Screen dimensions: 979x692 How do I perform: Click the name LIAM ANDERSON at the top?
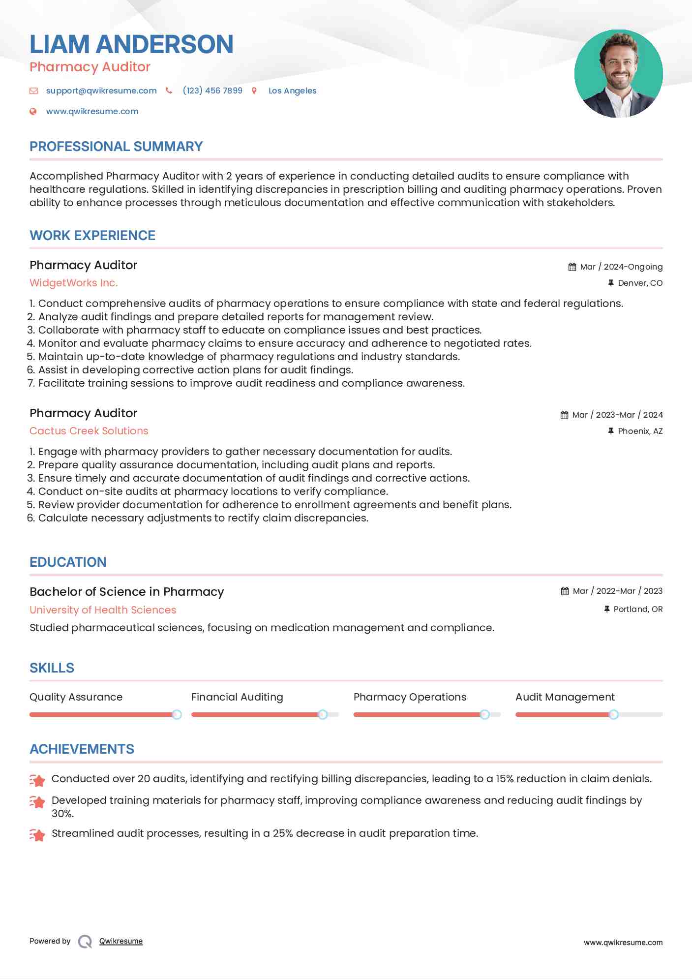131,44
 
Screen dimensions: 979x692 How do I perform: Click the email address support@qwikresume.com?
101,91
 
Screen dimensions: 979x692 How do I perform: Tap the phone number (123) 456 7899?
212,91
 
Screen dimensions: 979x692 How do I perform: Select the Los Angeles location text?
292,91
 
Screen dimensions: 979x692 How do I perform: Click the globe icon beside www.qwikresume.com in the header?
33,111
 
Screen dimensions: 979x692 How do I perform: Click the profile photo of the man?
618,74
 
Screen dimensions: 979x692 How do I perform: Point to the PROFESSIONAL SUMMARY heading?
116,147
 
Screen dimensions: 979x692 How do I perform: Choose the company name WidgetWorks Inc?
74,283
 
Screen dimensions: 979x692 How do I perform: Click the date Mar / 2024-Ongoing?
621,267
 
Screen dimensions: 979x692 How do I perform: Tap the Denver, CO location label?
640,283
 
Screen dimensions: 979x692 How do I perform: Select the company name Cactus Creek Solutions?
89,431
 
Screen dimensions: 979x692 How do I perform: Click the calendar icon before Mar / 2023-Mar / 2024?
565,415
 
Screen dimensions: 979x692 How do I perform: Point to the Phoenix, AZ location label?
640,431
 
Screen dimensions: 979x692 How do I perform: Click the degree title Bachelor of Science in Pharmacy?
127,592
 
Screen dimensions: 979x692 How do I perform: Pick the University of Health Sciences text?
103,610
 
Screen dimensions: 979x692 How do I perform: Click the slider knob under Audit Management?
613,714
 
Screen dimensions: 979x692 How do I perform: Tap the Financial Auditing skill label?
237,697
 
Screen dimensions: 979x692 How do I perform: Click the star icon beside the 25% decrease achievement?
37,835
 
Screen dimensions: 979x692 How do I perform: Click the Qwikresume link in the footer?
121,941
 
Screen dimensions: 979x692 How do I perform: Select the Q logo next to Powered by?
85,942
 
